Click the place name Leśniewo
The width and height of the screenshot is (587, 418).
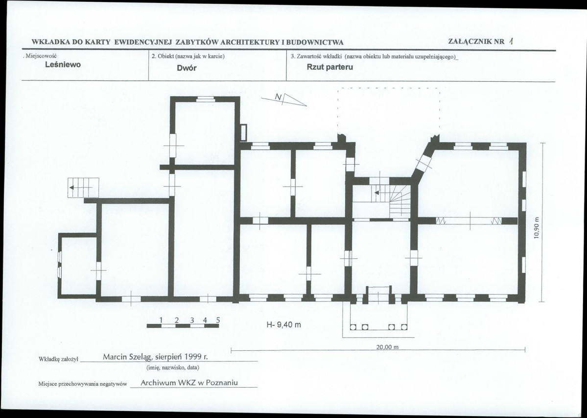pyautogui.click(x=63, y=64)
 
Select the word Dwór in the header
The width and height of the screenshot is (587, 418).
pyautogui.click(x=187, y=68)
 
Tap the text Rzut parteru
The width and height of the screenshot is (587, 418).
pyautogui.click(x=329, y=68)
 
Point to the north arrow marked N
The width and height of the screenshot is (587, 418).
pyautogui.click(x=284, y=99)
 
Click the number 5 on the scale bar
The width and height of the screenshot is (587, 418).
pyautogui.click(x=218, y=320)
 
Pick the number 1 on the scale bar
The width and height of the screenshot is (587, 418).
pyautogui.click(x=161, y=320)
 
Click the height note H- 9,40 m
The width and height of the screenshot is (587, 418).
pyautogui.click(x=283, y=325)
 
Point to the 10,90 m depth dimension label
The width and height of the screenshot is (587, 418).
pyautogui.click(x=537, y=228)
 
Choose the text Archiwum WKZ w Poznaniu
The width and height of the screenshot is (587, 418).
pyautogui.click(x=189, y=383)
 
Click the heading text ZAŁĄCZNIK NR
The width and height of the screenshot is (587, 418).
pyautogui.click(x=476, y=42)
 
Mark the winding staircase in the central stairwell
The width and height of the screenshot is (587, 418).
pyautogui.click(x=400, y=201)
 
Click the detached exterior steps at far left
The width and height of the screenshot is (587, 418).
pyautogui.click(x=83, y=188)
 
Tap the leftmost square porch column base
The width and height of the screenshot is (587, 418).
pyautogui.click(x=352, y=327)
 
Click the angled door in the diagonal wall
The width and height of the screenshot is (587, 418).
pyautogui.click(x=424, y=163)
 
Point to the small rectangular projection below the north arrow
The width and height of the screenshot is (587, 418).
pyautogui.click(x=243, y=133)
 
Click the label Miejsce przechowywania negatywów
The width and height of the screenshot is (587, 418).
pyautogui.click(x=83, y=384)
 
